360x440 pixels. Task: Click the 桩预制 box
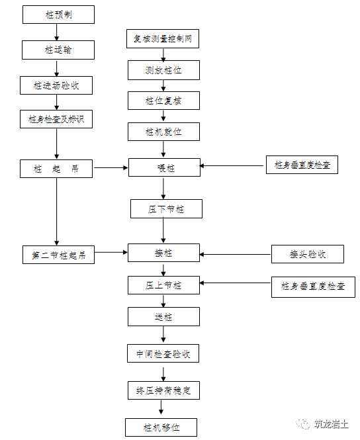click(x=58, y=15)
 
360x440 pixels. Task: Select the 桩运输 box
click(x=58, y=50)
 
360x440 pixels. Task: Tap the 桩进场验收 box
click(x=58, y=85)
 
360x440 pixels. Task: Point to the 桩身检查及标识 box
click(x=58, y=119)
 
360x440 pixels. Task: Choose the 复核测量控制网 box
click(x=163, y=39)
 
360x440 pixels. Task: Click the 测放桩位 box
click(x=163, y=69)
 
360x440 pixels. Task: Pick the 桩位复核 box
click(x=163, y=100)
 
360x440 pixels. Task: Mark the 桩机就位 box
click(x=163, y=131)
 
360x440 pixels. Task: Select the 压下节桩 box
click(x=165, y=209)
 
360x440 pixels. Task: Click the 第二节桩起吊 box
click(x=58, y=255)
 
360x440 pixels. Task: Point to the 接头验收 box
click(x=307, y=253)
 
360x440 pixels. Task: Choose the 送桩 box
click(x=163, y=317)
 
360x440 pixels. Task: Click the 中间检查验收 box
click(x=163, y=354)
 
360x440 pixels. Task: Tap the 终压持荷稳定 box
click(x=163, y=390)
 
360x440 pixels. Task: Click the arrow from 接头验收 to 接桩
click(x=235, y=253)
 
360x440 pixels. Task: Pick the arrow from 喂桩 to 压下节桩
click(x=163, y=188)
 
